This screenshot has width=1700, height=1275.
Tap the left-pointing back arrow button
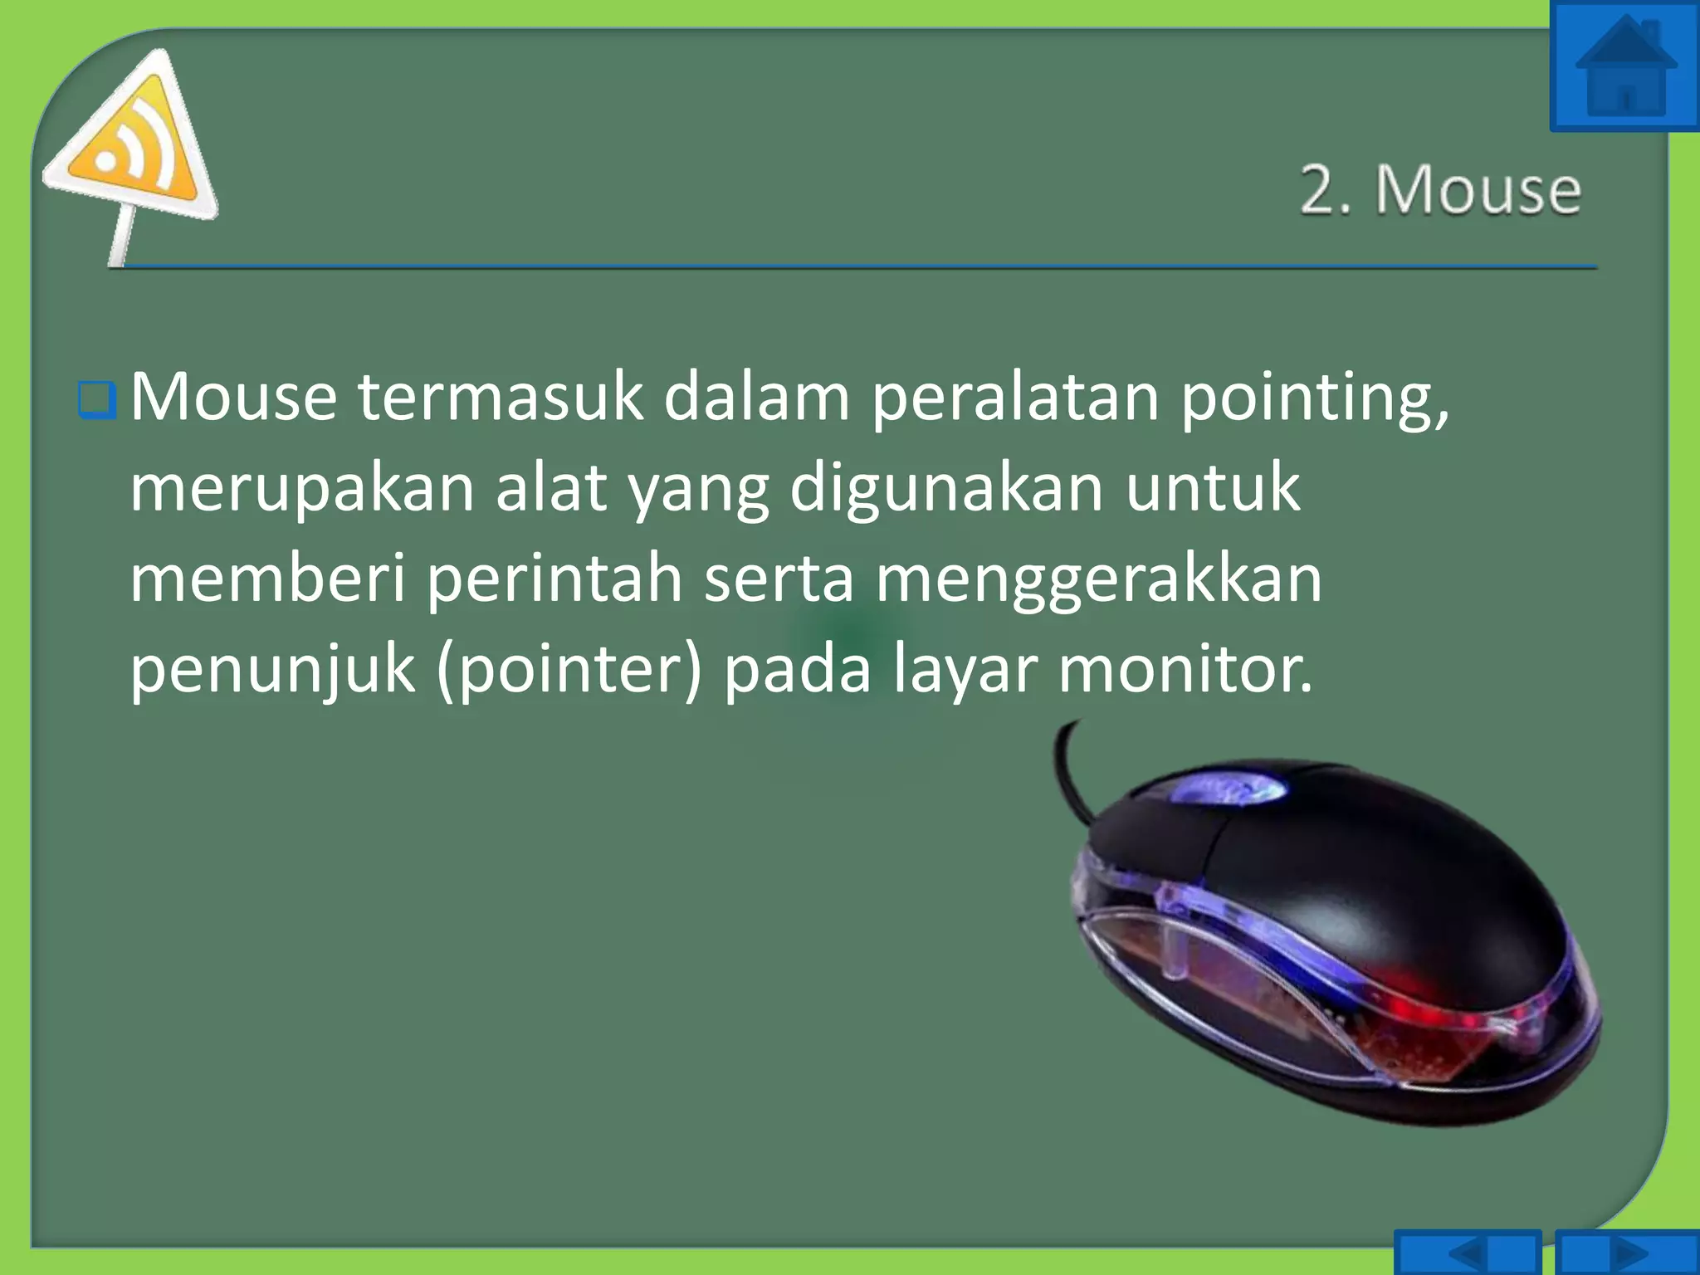(x=1467, y=1253)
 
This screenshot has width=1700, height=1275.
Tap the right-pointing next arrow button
(x=1627, y=1253)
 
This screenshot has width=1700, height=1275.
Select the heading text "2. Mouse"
(x=1440, y=190)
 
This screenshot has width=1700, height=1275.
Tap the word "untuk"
(x=1213, y=487)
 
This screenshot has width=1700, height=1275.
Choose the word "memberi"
(x=267, y=578)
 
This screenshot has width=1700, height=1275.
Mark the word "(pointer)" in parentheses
(x=569, y=670)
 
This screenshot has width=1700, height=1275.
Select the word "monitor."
(x=1186, y=668)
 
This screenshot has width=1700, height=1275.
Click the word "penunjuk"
(x=272, y=670)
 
